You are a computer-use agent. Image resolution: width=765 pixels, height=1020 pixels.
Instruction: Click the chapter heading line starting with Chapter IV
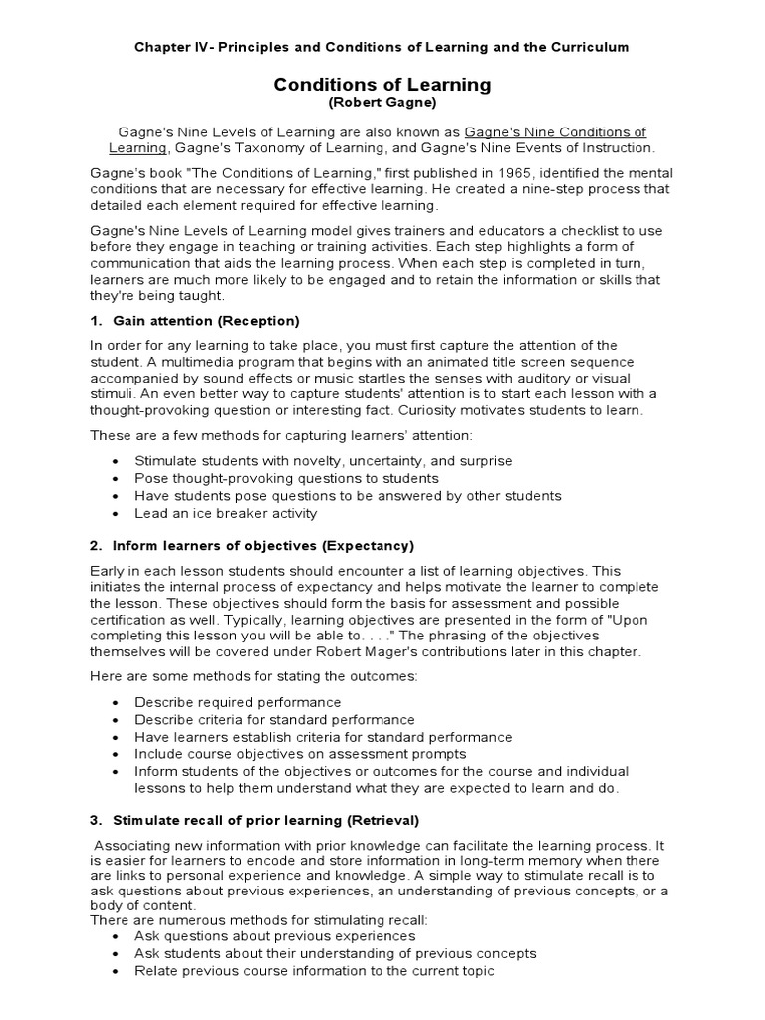382,47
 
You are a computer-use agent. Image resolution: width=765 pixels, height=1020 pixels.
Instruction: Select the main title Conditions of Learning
382,85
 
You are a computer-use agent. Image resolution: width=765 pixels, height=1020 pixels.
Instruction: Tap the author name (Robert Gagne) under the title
382,104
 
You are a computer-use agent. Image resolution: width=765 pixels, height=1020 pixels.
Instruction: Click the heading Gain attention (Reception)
206,320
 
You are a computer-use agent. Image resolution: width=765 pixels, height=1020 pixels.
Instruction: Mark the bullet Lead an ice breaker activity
226,513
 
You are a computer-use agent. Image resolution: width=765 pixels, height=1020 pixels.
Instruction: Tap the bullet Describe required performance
238,702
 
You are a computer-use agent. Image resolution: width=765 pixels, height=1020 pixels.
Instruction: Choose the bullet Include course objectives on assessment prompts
301,754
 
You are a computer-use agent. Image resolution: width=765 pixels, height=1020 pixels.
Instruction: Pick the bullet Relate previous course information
315,970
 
